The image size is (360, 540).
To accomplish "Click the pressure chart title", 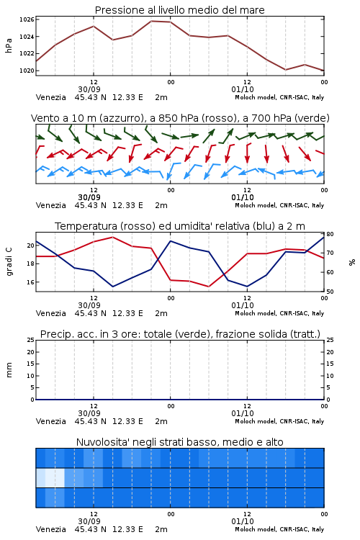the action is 179,10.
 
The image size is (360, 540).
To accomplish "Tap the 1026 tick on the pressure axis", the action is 27,19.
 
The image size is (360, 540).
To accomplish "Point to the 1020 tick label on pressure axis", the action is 27,71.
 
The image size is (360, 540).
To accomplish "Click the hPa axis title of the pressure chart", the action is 9,45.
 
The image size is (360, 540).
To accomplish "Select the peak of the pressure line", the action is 151,21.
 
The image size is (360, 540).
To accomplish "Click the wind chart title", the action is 180,118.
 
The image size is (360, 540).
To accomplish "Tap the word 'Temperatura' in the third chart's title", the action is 86,226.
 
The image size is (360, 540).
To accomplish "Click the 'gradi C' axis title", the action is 9,262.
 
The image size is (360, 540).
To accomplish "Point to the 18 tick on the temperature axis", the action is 30,264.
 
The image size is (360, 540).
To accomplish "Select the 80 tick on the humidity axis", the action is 330,234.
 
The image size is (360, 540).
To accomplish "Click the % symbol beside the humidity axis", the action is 352,262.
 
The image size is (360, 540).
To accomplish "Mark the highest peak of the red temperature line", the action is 112,237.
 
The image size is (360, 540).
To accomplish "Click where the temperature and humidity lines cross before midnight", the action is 158,257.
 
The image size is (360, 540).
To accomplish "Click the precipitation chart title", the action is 180,334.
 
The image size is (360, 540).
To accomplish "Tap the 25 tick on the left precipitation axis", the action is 30,340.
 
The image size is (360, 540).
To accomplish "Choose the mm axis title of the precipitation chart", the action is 9,370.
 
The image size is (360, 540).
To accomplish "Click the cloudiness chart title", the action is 179,442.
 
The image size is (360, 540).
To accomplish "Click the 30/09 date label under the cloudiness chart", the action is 89,521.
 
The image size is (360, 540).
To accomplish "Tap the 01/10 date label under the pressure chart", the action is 243,89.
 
